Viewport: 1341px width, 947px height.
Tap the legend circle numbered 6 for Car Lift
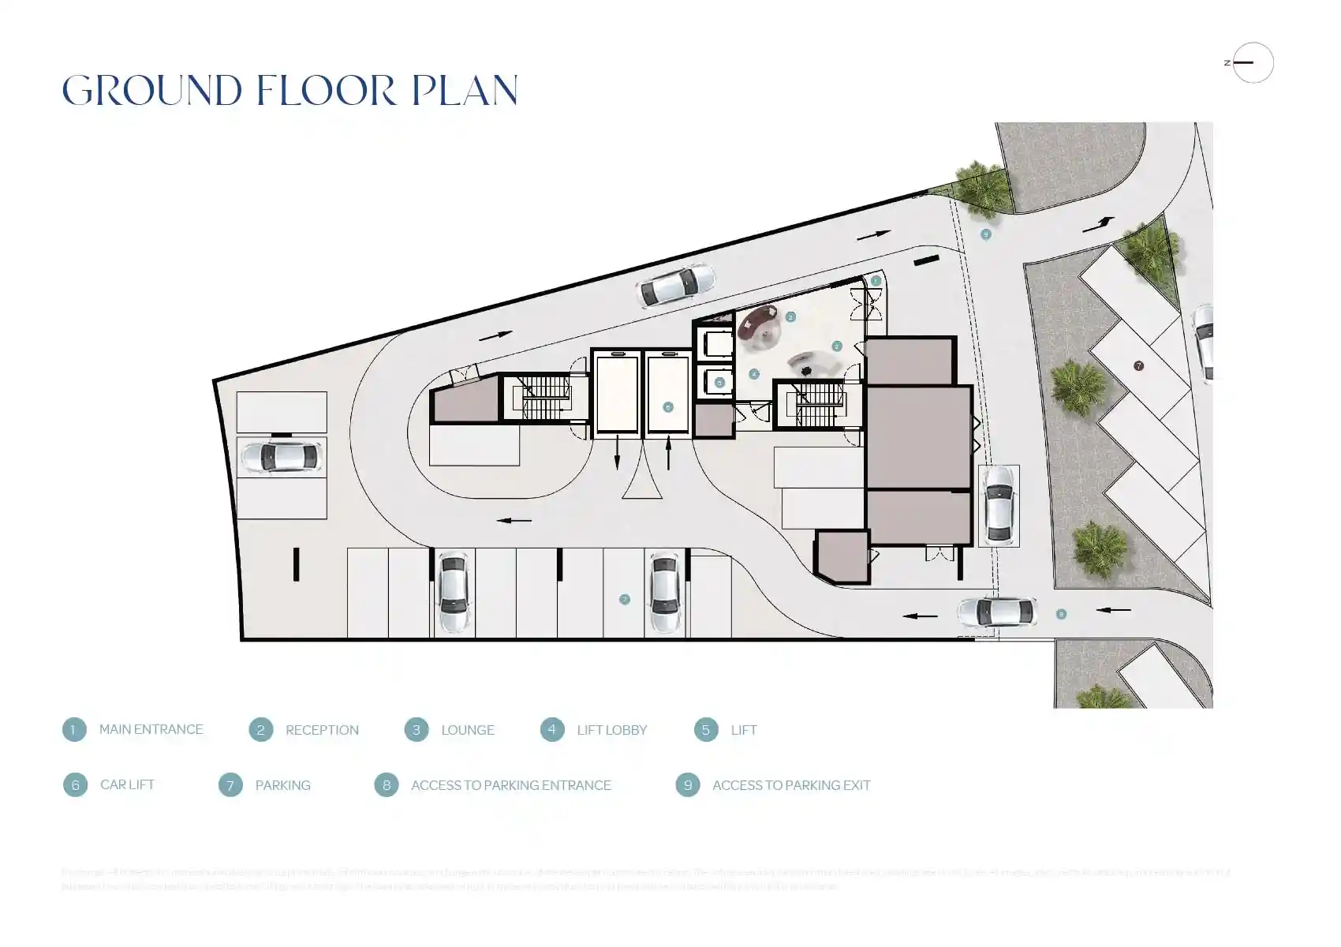(75, 784)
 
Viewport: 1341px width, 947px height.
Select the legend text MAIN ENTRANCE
(151, 729)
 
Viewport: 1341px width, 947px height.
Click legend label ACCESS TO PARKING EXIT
(790, 785)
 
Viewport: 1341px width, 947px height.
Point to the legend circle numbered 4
(552, 729)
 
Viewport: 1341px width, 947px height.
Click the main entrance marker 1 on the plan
(876, 281)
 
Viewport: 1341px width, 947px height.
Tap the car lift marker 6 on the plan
(668, 407)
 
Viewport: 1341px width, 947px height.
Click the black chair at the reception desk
(805, 370)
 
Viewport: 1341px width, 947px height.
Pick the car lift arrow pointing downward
(618, 455)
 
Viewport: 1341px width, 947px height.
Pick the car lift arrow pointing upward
(669, 454)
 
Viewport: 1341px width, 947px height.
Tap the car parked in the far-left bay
(281, 457)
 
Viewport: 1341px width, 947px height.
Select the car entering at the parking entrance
(996, 612)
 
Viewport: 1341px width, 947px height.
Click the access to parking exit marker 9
(985, 234)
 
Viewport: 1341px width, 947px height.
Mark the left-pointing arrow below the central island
(514, 521)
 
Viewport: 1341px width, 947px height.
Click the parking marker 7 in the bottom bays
(624, 600)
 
